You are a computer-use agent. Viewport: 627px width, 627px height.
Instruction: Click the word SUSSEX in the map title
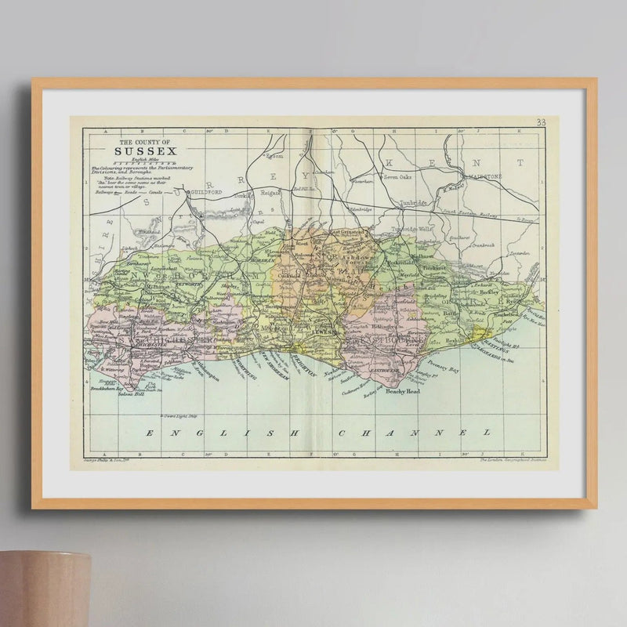[x=145, y=152]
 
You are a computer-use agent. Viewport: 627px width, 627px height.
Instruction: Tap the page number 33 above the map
[x=541, y=121]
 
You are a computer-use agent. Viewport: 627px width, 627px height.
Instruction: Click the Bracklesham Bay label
[x=107, y=388]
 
